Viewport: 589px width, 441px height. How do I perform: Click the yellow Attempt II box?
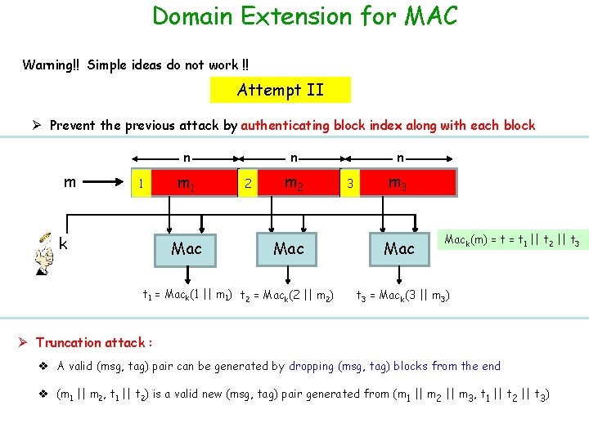tap(281, 90)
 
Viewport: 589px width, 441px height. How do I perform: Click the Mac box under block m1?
tap(187, 248)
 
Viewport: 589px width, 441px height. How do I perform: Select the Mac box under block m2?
tap(288, 248)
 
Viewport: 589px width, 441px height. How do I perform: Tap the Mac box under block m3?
tap(399, 248)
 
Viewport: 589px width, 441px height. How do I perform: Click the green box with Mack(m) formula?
tap(512, 240)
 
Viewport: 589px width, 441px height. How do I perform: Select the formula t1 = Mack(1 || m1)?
tap(187, 294)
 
